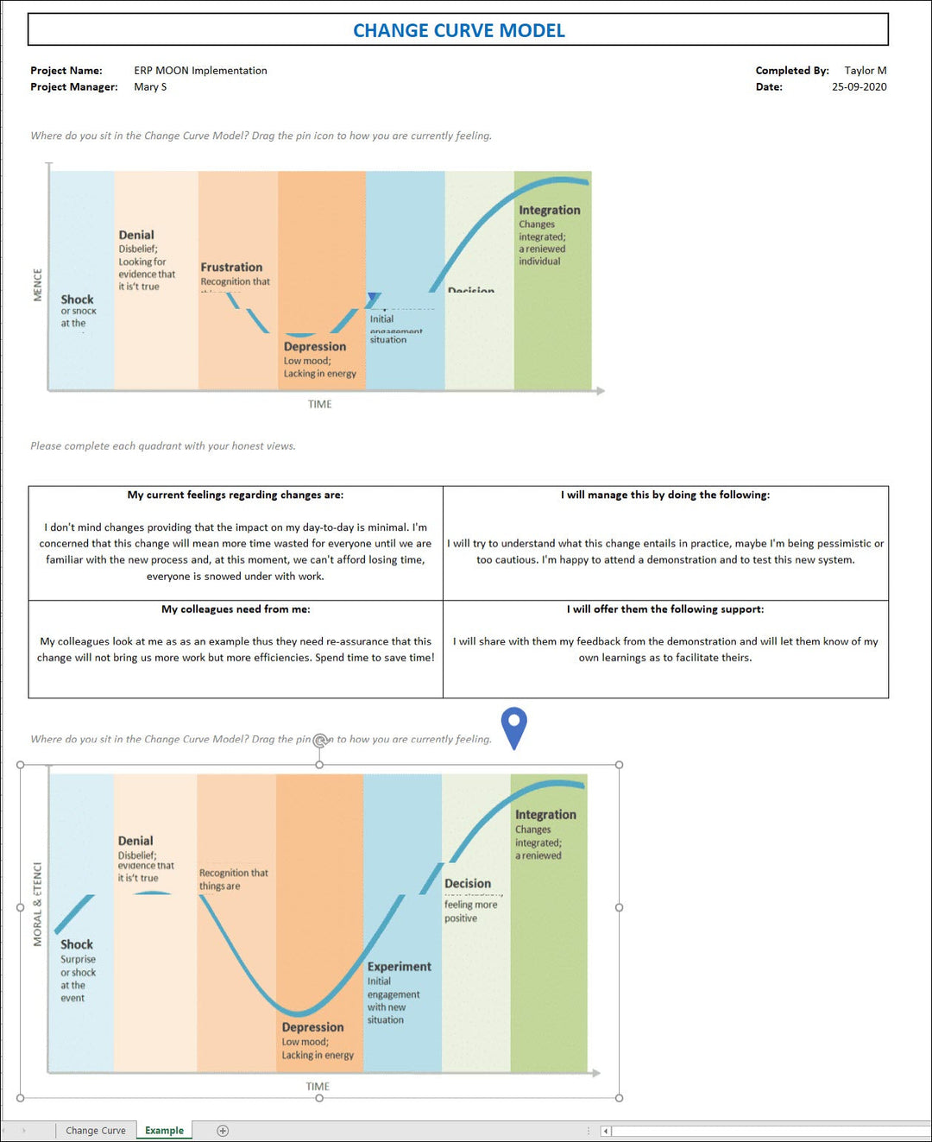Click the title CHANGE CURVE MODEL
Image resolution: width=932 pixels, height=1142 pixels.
pos(458,30)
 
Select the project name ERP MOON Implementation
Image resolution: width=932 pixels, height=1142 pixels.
pos(200,71)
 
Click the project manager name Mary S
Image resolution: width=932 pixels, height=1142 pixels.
pos(150,87)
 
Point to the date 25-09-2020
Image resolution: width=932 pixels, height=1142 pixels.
pos(859,87)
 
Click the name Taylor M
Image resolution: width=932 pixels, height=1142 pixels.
pos(865,71)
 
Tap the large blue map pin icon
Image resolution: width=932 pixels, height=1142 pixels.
pos(513,726)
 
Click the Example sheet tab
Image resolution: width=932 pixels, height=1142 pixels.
pos(164,1130)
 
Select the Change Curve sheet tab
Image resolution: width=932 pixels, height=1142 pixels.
pos(95,1130)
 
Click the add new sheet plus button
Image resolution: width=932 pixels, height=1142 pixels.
pos(223,1131)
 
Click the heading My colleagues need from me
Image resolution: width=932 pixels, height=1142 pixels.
pos(236,609)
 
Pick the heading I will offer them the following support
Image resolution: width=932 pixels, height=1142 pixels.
pos(665,609)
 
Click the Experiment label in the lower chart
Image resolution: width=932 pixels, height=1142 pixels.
pos(399,967)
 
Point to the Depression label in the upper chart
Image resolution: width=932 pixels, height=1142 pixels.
pos(314,347)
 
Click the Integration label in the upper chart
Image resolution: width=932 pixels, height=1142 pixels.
pos(549,210)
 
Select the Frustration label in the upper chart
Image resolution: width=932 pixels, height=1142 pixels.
pos(231,268)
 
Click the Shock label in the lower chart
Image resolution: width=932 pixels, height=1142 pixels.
pos(77,944)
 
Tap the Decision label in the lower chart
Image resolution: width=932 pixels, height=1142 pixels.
pos(467,884)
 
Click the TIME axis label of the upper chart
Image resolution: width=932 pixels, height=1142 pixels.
pos(319,404)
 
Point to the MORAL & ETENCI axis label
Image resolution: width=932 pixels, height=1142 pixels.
pos(37,904)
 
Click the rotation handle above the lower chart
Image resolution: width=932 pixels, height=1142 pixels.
pos(320,740)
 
